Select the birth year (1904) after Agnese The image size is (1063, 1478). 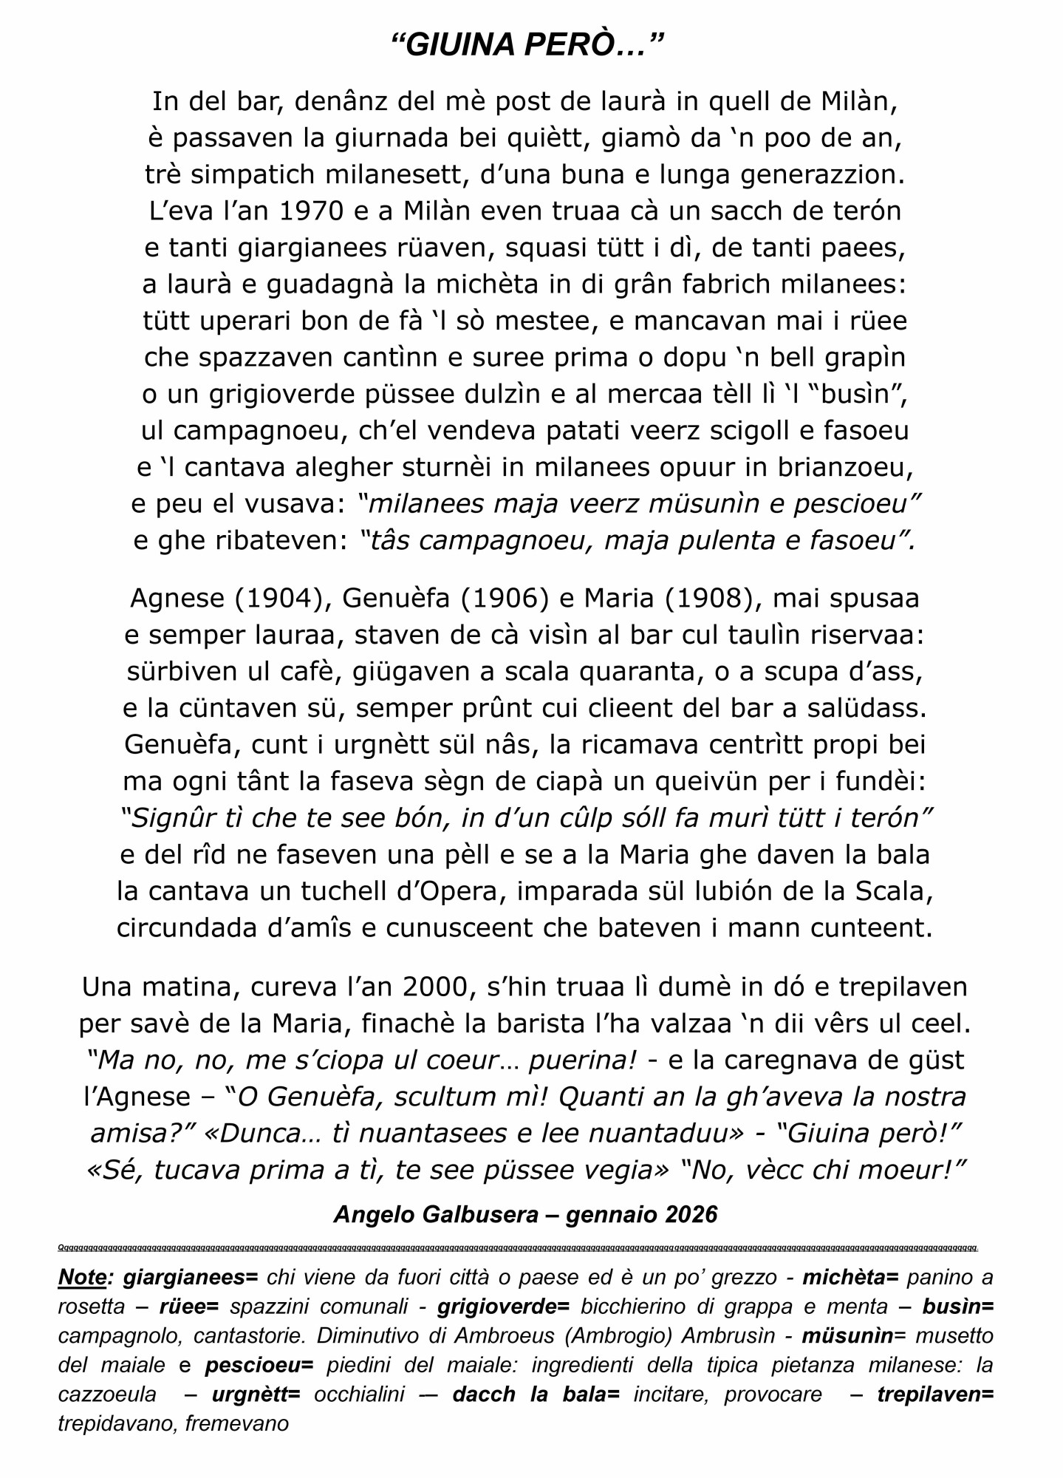(283, 598)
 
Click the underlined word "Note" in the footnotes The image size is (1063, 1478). (82, 1277)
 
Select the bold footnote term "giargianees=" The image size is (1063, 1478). (191, 1277)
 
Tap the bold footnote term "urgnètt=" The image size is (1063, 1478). (256, 1394)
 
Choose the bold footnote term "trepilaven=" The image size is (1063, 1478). (935, 1394)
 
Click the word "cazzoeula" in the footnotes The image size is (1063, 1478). (107, 1394)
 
